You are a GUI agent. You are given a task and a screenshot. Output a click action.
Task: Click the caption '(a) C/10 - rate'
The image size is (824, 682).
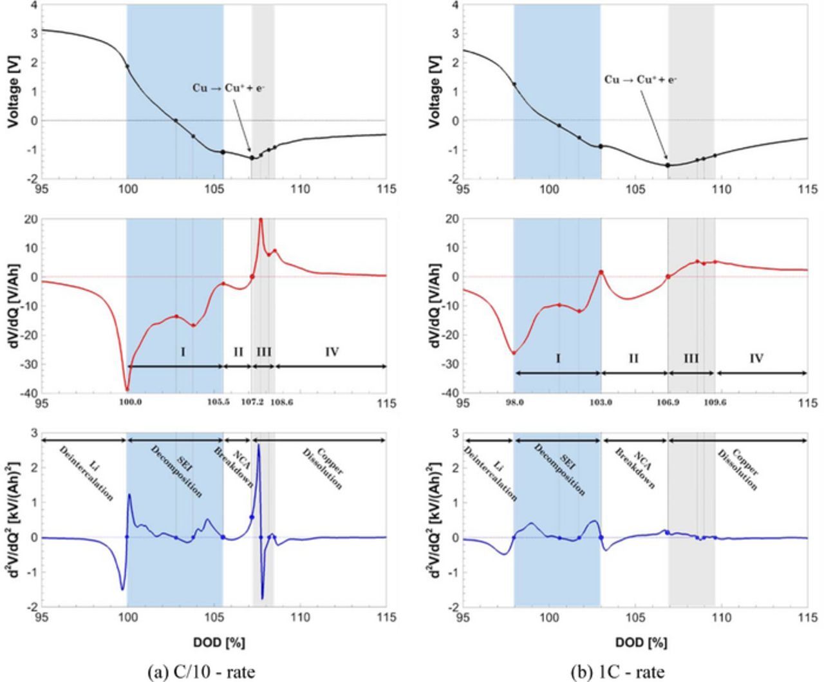point(201,672)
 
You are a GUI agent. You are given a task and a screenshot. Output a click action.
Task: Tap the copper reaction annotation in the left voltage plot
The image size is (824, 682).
point(229,88)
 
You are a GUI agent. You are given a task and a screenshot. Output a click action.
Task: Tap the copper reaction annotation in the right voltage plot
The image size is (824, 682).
point(640,80)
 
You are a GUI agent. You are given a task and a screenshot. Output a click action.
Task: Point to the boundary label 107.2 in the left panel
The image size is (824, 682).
point(252,403)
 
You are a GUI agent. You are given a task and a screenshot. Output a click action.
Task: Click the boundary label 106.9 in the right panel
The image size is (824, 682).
point(668,403)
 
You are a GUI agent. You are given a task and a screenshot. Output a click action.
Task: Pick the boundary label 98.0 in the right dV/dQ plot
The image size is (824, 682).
point(514,403)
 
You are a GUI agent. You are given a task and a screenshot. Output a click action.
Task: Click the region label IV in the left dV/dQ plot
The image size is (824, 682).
point(332,352)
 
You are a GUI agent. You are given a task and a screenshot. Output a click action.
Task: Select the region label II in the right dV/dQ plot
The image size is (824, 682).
point(633,358)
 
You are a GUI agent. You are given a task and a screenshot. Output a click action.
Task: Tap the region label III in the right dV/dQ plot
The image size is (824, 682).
point(691,358)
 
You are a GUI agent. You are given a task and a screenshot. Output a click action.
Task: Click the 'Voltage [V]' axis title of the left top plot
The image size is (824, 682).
point(13,91)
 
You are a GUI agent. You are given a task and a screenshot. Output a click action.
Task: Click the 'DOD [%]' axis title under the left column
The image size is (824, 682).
point(219,642)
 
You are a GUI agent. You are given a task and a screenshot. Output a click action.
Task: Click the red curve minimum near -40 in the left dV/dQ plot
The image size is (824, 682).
point(127,389)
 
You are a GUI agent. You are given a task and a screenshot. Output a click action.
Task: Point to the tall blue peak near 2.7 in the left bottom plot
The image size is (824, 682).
point(258,446)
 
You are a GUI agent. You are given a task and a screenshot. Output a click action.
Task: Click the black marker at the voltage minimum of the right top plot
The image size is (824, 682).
point(668,165)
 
